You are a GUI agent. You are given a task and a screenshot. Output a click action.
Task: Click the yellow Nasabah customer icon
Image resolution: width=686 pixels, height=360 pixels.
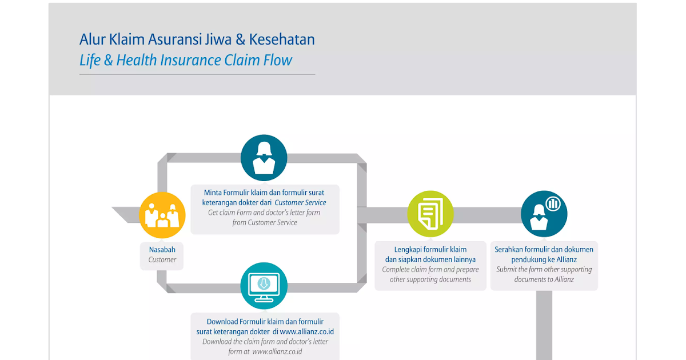[x=162, y=215]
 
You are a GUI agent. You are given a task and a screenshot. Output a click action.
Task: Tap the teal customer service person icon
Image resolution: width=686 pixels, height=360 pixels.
[x=264, y=158]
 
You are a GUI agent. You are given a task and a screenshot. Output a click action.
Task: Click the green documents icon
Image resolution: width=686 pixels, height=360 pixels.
[x=430, y=214]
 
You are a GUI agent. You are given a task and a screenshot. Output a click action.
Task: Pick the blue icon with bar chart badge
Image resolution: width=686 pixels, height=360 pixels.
[x=544, y=214]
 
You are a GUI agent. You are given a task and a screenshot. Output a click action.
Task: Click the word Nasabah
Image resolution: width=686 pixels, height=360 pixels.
[x=162, y=250]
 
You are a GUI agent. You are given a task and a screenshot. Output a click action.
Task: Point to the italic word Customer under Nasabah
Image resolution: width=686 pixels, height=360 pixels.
[x=162, y=259]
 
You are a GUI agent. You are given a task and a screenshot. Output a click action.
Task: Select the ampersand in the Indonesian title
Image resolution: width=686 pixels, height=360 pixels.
[x=240, y=39]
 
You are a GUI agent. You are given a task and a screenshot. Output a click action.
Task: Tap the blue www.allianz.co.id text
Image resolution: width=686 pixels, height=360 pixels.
[x=306, y=331]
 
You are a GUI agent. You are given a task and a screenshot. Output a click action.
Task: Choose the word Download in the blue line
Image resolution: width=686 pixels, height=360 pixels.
[x=222, y=322]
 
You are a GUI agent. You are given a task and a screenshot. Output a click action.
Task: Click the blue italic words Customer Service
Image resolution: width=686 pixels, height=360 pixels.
[x=300, y=202]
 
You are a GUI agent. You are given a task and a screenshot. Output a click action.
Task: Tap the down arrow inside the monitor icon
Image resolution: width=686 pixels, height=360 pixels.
[x=264, y=283]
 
